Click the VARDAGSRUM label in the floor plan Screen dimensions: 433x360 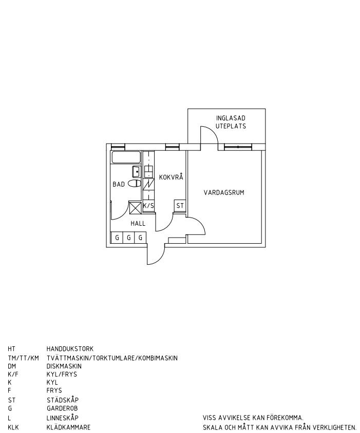pyautogui.click(x=223, y=193)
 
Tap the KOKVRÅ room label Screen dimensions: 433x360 pyautogui.click(x=171, y=178)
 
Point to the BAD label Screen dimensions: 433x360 pyautogui.click(x=119, y=184)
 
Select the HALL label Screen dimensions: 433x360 pyautogui.click(x=138, y=224)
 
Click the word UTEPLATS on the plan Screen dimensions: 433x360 pyautogui.click(x=231, y=126)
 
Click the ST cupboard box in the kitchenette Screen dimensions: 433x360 pyautogui.click(x=180, y=206)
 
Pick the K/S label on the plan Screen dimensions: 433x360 pyautogui.click(x=148, y=206)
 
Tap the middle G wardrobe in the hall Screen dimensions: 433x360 pyautogui.click(x=128, y=238)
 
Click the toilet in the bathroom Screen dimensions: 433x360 pyautogui.click(x=135, y=183)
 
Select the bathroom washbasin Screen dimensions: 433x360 pyautogui.click(x=137, y=171)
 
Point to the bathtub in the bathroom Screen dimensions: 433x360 pyautogui.click(x=126, y=157)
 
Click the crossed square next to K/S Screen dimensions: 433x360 pyautogui.click(x=135, y=207)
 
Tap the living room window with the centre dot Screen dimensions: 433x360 pyautogui.click(x=238, y=147)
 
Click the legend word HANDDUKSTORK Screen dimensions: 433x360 pyautogui.click(x=70, y=349)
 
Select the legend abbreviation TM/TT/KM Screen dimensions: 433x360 pyautogui.click(x=23, y=358)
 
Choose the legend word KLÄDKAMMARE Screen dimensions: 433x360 pyautogui.click(x=68, y=427)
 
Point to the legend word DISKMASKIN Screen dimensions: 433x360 pyautogui.click(x=64, y=366)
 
